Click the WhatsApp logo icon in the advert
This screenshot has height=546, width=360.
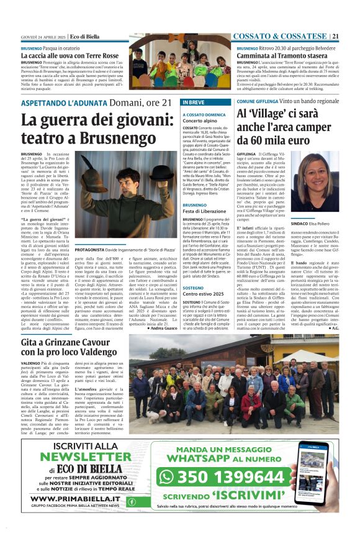tap(167, 476)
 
